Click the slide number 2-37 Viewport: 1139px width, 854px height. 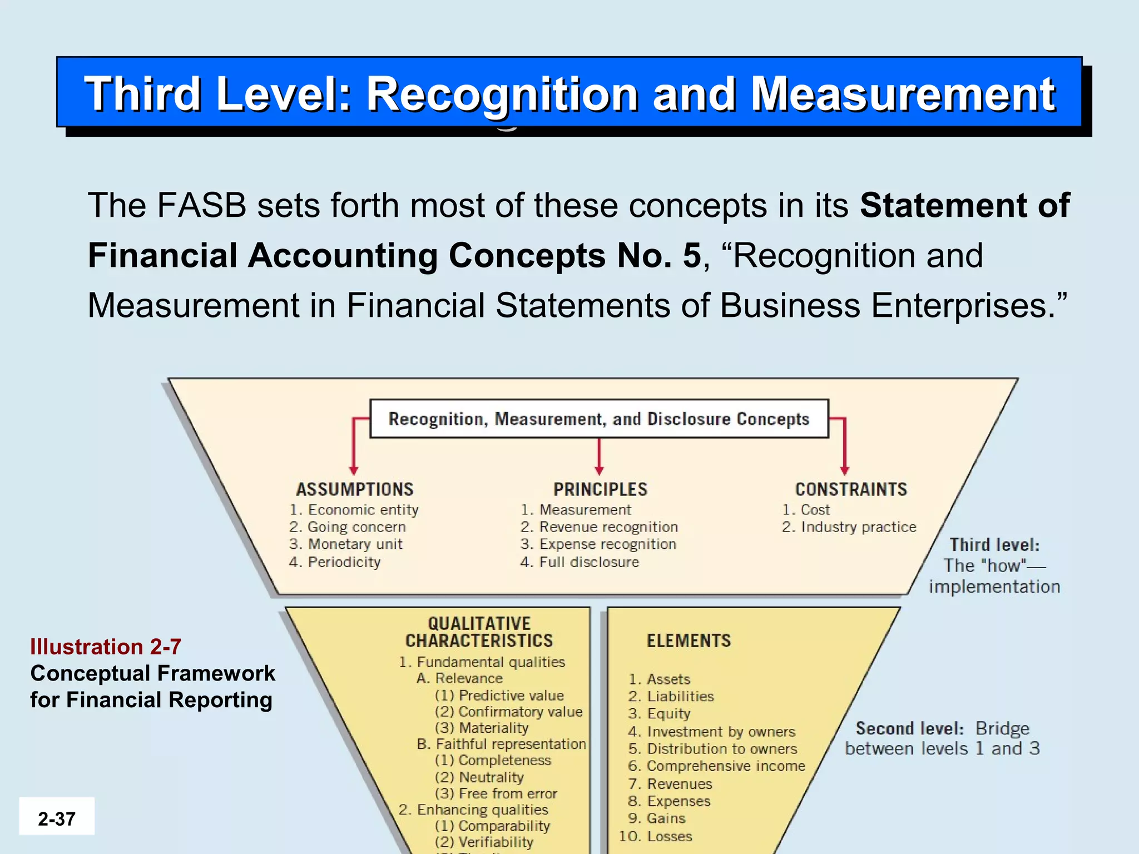click(57, 818)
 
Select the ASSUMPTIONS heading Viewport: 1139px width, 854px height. click(355, 489)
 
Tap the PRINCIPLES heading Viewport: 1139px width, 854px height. click(600, 489)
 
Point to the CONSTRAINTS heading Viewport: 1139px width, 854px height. click(851, 489)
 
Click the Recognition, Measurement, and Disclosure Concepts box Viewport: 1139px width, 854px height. click(599, 419)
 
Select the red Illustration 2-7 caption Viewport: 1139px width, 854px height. click(106, 647)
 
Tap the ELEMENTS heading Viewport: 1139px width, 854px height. click(689, 640)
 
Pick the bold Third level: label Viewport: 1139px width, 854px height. click(994, 544)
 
